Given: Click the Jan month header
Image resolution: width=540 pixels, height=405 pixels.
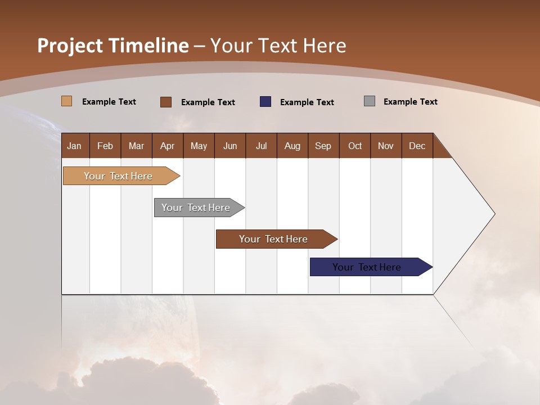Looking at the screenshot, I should tap(74, 146).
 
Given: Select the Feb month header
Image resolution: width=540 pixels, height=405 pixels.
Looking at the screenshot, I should tap(105, 146).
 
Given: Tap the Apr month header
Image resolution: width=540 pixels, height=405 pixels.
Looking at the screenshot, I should tap(167, 146).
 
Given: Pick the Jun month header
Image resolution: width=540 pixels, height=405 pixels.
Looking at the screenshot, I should tap(230, 146).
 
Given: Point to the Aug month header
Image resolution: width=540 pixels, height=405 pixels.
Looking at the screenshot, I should tap(292, 146).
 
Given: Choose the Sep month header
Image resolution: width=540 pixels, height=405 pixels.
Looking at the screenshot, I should tap(323, 146).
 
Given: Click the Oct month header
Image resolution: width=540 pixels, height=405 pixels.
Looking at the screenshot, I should tap(355, 146).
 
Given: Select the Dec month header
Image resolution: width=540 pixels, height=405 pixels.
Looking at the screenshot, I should tap(417, 146).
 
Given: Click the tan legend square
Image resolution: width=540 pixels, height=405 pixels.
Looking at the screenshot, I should tap(67, 101).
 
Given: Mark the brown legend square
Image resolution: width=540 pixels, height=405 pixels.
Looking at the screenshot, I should tap(166, 102).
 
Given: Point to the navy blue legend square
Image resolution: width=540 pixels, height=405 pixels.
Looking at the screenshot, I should tap(265, 102).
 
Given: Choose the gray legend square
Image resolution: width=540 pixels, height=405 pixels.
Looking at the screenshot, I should tap(370, 101).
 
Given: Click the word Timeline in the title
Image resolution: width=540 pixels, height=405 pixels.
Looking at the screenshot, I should tap(148, 46).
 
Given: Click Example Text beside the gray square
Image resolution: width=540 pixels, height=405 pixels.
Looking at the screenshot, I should tap(410, 102).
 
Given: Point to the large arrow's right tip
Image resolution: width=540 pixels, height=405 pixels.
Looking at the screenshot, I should tap(493, 214).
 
